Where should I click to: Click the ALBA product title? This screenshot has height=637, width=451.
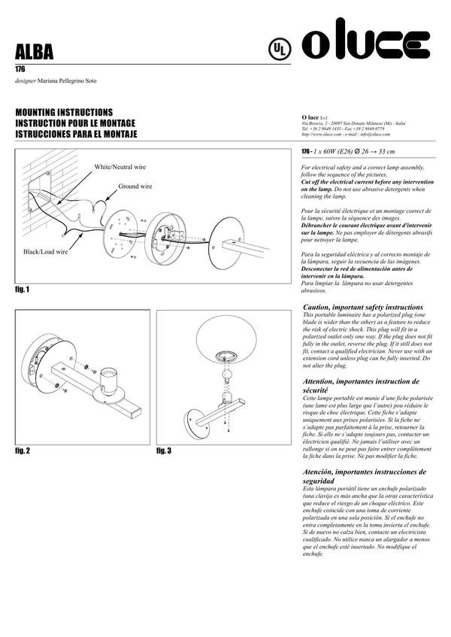point(35,52)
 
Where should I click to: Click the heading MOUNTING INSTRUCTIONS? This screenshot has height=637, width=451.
point(64,111)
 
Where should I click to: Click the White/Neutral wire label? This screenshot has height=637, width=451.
point(120,167)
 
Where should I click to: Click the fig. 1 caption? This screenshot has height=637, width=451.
point(23,290)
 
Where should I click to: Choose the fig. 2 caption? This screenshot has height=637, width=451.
point(23,450)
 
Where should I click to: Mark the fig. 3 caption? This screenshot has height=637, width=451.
point(164,450)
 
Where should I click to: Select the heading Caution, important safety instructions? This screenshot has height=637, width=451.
point(362,308)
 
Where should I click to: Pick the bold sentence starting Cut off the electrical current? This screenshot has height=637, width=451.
point(366,185)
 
